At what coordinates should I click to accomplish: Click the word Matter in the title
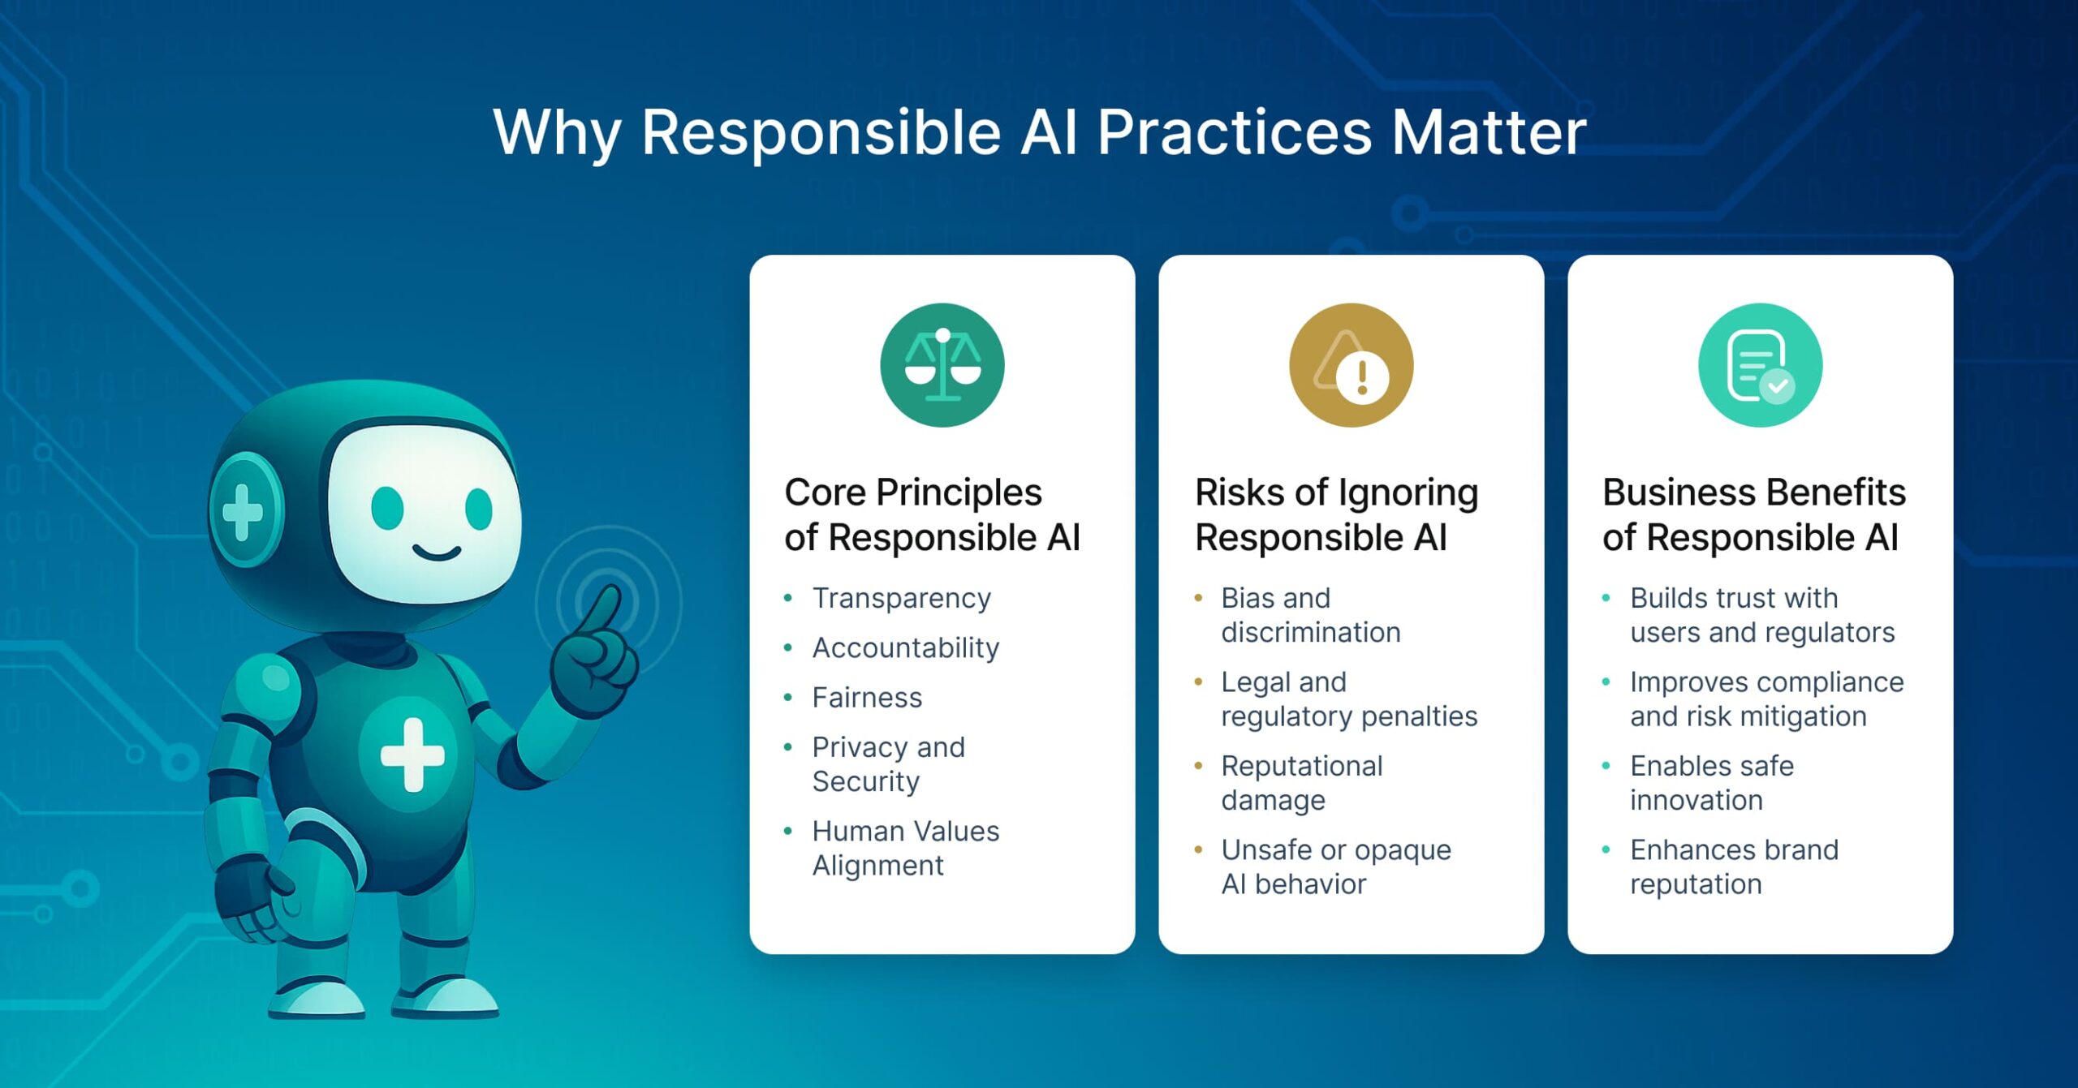point(1488,132)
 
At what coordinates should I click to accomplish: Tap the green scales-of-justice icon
point(942,365)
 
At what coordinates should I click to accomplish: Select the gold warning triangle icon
point(1351,365)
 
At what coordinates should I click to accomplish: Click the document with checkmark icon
point(1760,365)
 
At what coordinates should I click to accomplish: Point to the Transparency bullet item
point(901,598)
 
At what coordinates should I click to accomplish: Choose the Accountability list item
point(905,647)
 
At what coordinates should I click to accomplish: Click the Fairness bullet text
point(867,697)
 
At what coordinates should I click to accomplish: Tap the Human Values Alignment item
point(905,847)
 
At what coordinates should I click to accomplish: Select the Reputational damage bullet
point(1301,782)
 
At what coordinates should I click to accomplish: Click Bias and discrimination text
point(1310,614)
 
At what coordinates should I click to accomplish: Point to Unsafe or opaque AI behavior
point(1335,866)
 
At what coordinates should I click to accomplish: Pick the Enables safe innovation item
point(1711,782)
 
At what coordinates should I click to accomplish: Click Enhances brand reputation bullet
point(1733,866)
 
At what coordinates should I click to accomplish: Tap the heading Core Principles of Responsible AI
point(932,514)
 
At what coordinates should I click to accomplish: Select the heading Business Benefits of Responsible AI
point(1753,514)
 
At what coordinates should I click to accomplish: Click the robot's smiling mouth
point(437,553)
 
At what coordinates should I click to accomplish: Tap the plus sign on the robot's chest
point(412,755)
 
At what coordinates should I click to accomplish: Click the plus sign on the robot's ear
point(243,511)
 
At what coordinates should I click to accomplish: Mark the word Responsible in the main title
point(821,132)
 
